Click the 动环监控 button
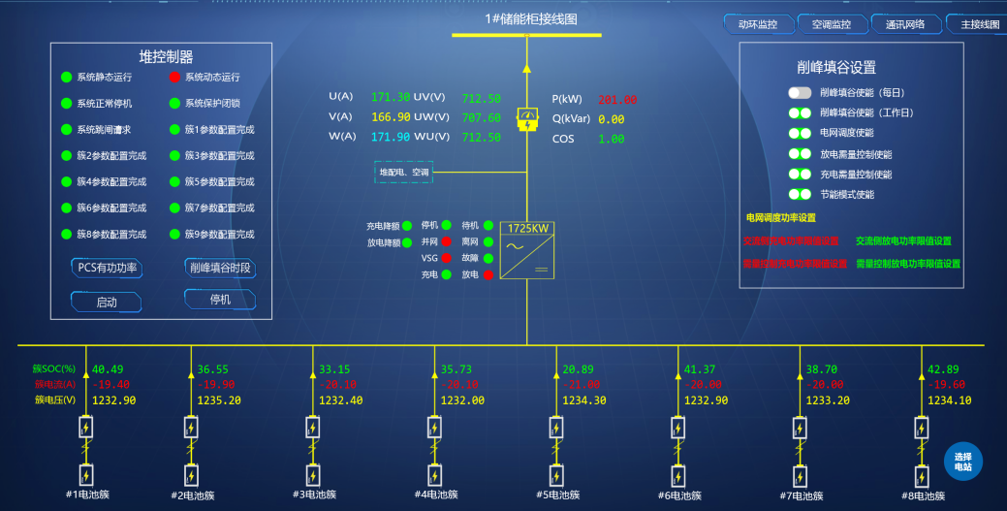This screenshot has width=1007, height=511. [758, 24]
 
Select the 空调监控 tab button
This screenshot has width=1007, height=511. [831, 24]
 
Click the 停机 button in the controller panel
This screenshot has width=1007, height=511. [220, 301]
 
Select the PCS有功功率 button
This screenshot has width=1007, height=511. [107, 269]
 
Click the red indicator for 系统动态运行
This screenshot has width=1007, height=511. [174, 78]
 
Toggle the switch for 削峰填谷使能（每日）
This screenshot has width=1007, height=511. [800, 93]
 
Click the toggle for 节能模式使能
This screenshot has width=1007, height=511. [800, 194]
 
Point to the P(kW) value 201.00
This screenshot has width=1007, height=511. [616, 99]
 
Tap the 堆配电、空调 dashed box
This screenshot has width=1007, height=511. [403, 173]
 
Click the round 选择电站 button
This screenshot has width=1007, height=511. [962, 462]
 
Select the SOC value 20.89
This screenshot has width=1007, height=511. [578, 369]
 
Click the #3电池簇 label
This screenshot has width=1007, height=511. [314, 495]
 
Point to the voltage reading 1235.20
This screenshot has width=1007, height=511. [220, 400]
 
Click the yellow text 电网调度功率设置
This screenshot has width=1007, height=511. [780, 218]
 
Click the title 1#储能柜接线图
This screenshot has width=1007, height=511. [531, 19]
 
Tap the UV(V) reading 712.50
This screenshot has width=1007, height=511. [481, 98]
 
